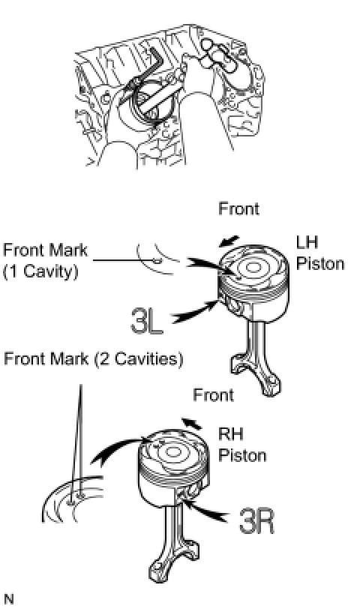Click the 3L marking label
pyautogui.click(x=147, y=320)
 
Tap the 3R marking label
pyautogui.click(x=256, y=521)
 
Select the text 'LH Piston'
pyautogui.click(x=320, y=253)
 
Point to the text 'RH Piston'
pyautogui.click(x=242, y=444)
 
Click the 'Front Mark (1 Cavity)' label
pyautogui.click(x=46, y=260)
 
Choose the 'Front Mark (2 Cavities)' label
pyautogui.click(x=93, y=358)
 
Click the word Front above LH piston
pyautogui.click(x=238, y=208)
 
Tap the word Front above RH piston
pyautogui.click(x=214, y=395)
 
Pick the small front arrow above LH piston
pyautogui.click(x=229, y=241)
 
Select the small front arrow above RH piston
pyautogui.click(x=192, y=423)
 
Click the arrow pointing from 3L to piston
pyautogui.click(x=195, y=311)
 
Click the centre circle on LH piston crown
pyautogui.click(x=253, y=267)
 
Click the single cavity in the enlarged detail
pyautogui.click(x=157, y=260)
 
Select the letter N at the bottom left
pyautogui.click(x=8, y=599)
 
